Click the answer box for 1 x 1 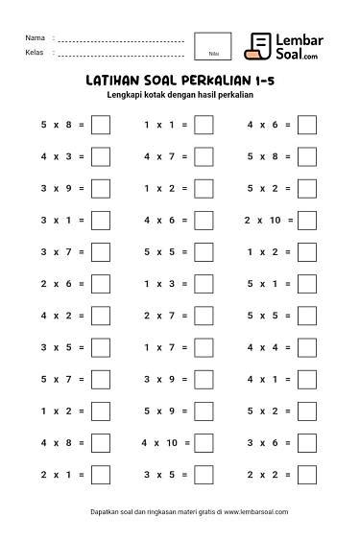coord(204,125)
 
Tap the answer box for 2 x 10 coord(307,221)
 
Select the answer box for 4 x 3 coord(100,156)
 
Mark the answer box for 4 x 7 coord(204,156)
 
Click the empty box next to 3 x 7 coord(100,252)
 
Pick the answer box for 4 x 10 coord(204,443)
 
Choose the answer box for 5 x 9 coord(204,411)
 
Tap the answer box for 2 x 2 coord(307,475)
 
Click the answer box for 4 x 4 coord(307,348)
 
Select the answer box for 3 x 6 coord(307,443)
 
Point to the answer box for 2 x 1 coord(100,475)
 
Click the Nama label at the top coord(34,38)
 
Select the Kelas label coord(34,52)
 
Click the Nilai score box coord(212,46)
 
